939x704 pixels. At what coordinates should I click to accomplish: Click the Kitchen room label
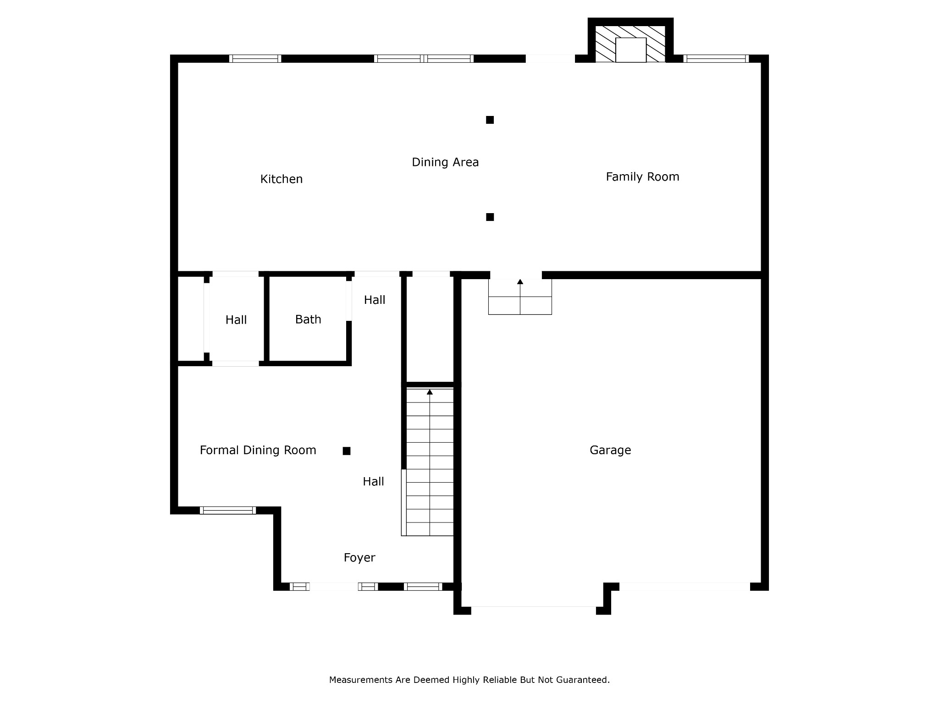point(282,179)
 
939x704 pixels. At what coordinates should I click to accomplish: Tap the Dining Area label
point(445,162)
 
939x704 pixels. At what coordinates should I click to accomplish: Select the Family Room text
point(642,177)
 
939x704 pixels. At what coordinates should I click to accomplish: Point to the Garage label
point(610,450)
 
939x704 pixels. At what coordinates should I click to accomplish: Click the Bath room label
point(308,319)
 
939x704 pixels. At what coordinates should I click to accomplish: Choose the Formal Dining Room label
point(258,450)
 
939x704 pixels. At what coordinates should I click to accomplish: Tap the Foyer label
point(359,558)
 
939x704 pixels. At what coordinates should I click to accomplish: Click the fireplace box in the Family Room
point(630,50)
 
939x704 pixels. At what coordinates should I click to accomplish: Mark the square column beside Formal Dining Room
point(347,451)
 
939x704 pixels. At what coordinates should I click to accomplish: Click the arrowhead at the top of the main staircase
point(430,392)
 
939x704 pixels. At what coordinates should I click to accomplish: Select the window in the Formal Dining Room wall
point(228,510)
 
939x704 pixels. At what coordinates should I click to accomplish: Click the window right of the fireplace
point(716,59)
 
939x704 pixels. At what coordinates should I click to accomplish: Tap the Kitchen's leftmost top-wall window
point(255,59)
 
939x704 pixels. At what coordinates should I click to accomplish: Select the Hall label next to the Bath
point(375,300)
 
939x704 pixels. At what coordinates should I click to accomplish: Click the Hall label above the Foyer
point(373,482)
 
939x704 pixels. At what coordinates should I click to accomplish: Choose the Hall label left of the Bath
point(236,320)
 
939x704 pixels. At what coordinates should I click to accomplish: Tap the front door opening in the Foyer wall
point(334,587)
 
